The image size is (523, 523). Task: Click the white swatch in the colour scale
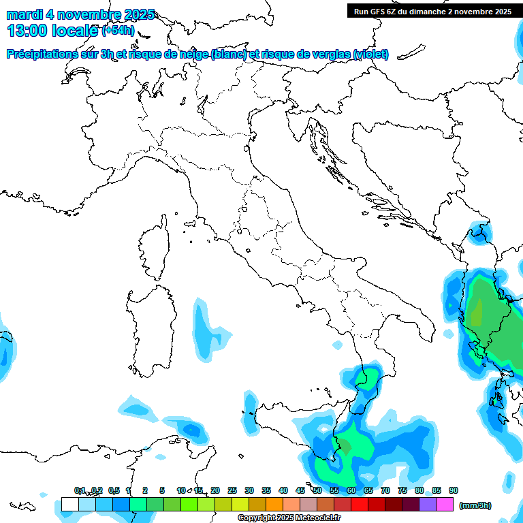click(x=69, y=505)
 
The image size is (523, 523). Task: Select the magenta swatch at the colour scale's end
click(x=445, y=505)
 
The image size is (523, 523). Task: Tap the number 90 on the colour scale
click(x=454, y=490)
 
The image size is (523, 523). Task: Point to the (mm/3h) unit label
click(x=475, y=505)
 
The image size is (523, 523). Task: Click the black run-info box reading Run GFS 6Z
click(x=432, y=11)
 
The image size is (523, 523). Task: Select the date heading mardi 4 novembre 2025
click(x=80, y=14)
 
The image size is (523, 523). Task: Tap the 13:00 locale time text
click(x=52, y=30)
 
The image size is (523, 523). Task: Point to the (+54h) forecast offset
click(x=118, y=31)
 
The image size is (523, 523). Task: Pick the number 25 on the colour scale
click(x=232, y=490)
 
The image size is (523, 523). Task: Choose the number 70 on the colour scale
click(x=385, y=490)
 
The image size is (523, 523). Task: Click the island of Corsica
click(x=155, y=249)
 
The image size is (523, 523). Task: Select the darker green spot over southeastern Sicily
click(x=345, y=446)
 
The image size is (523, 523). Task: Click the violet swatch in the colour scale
click(x=428, y=505)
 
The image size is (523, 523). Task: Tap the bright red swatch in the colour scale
click(x=360, y=505)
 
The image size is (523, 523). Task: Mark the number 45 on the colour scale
click(x=300, y=490)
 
